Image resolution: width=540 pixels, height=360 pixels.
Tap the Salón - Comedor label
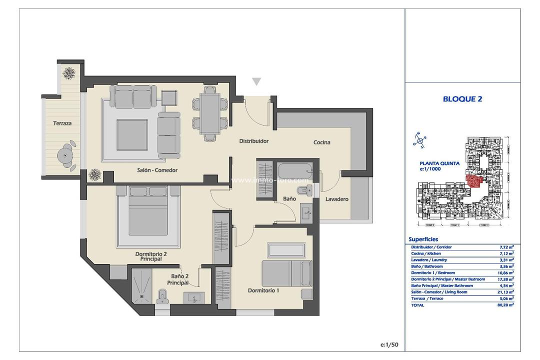(157, 170)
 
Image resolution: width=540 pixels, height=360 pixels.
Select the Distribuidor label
(253, 141)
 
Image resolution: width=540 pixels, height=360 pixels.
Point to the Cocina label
(321, 142)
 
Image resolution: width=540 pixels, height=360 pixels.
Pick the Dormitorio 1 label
(263, 290)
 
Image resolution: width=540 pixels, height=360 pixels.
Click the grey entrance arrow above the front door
(256, 82)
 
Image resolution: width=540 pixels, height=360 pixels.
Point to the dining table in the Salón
(210, 113)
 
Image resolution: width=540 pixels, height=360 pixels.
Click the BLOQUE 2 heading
(462, 99)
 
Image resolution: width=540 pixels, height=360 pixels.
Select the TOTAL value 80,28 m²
(506, 304)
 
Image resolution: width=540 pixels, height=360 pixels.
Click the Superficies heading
(423, 239)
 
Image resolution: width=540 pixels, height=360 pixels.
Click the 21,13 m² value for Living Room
(506, 292)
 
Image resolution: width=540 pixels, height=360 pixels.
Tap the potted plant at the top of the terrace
(69, 73)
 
